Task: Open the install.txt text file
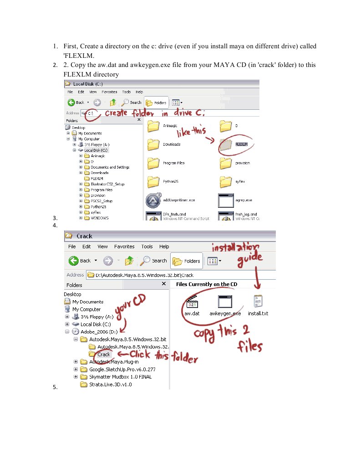click(258, 302)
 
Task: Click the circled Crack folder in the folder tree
click(103, 354)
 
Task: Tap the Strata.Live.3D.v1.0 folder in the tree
click(110, 384)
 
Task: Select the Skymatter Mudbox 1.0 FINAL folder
click(120, 377)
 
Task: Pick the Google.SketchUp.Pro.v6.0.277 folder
click(122, 369)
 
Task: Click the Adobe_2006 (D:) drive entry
click(97, 332)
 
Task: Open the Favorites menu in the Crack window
click(124, 246)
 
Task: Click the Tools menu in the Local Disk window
click(126, 92)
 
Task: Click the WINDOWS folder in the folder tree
click(99, 218)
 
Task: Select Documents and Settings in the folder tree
click(110, 167)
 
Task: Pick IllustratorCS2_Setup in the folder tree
click(107, 184)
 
